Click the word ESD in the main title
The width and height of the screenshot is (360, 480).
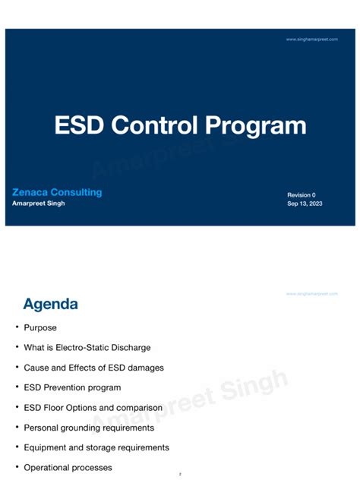(x=79, y=125)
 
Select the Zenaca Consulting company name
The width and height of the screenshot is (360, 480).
(x=57, y=192)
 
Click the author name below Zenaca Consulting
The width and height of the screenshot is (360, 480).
(x=39, y=204)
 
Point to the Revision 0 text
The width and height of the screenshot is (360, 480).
(x=302, y=195)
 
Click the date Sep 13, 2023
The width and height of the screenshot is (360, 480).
(x=305, y=204)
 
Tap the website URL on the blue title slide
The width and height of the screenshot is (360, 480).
(x=311, y=39)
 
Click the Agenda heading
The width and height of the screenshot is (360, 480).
(x=50, y=305)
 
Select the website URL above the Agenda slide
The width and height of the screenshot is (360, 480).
(x=311, y=293)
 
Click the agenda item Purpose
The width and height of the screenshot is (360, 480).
(x=40, y=328)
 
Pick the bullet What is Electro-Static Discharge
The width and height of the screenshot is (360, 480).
(x=87, y=348)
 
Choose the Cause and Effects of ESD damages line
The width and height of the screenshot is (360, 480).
(x=93, y=368)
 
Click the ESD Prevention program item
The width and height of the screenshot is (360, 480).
(x=72, y=388)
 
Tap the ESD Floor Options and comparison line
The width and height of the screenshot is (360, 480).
(x=92, y=408)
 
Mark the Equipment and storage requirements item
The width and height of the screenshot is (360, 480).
(x=96, y=447)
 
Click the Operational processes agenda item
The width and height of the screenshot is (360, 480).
(x=68, y=468)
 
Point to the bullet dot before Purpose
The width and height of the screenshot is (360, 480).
(x=17, y=327)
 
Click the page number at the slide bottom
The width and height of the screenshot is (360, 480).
(x=180, y=474)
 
